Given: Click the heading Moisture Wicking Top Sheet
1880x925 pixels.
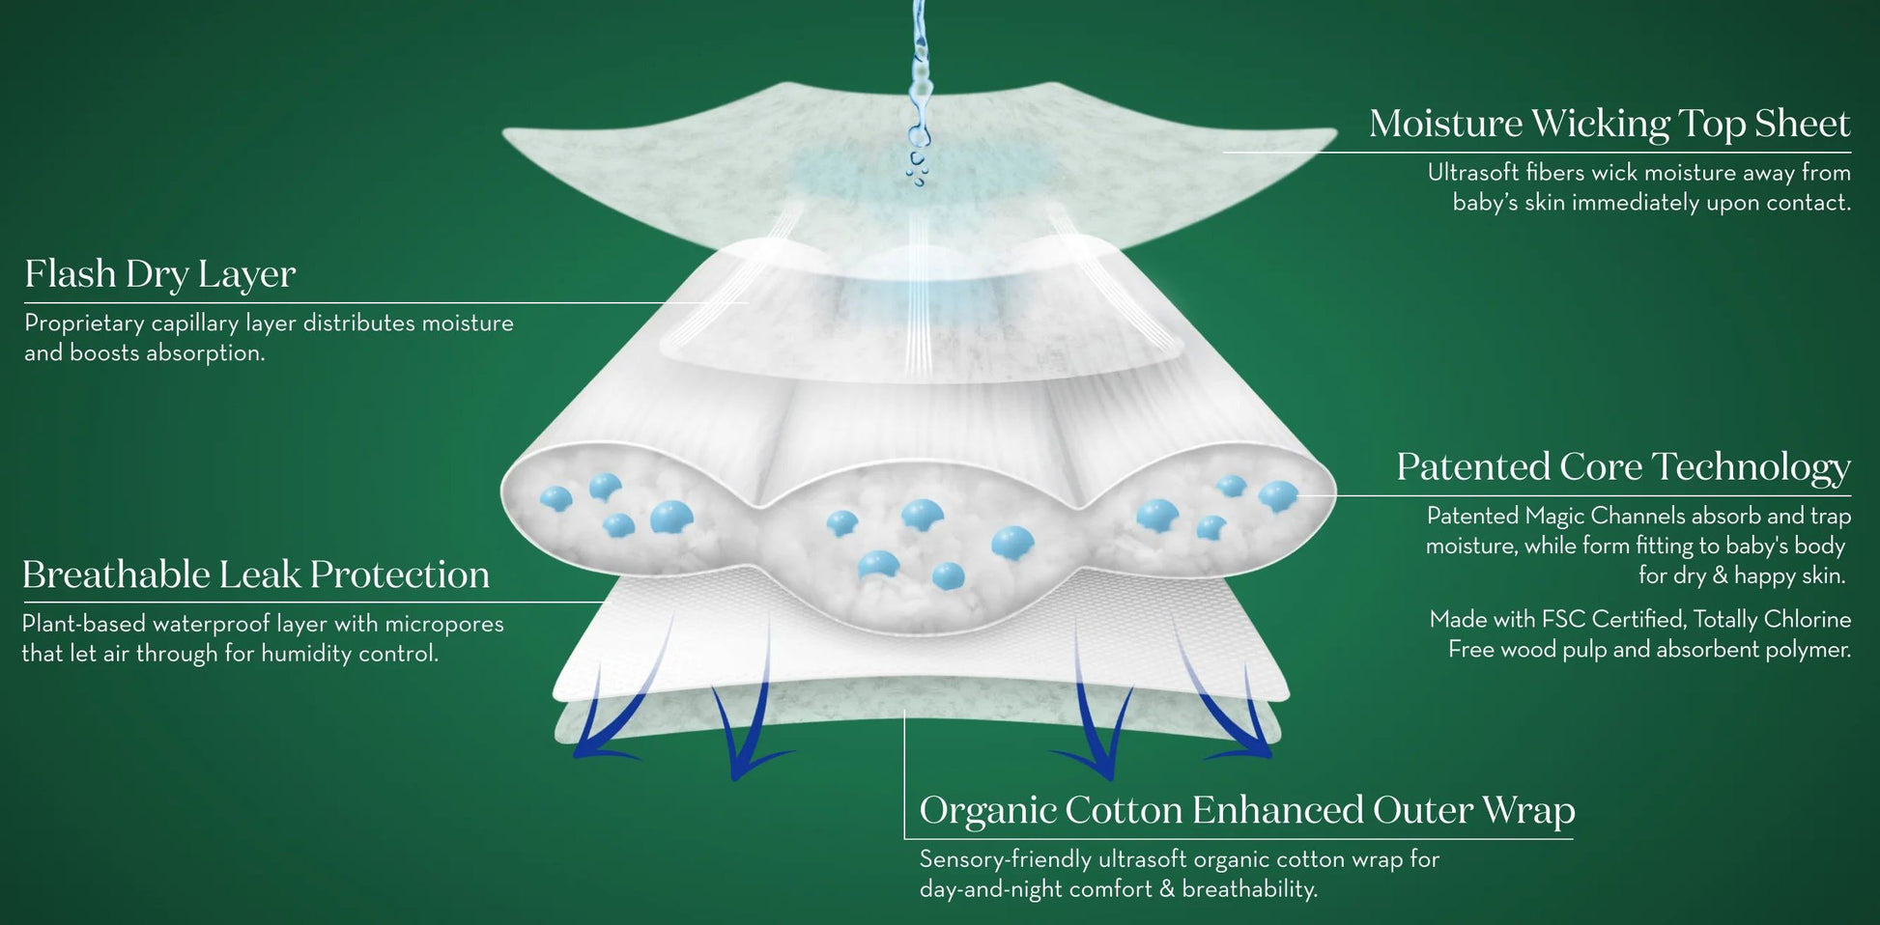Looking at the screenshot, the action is [x=1609, y=124].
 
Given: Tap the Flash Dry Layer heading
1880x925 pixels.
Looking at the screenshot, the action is [x=160, y=274].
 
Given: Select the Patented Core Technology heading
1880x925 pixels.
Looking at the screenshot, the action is [x=1623, y=467].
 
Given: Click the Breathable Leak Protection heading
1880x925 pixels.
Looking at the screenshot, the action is [x=256, y=575].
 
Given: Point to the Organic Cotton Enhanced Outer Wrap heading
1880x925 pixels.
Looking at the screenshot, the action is [x=1247, y=810].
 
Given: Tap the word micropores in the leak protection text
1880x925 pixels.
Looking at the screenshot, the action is [x=448, y=625].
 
